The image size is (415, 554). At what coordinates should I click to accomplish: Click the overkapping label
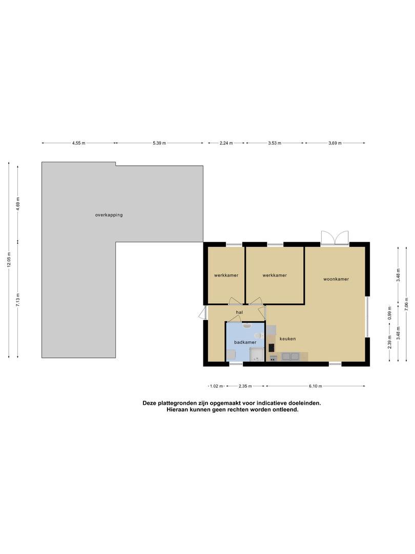click(109, 215)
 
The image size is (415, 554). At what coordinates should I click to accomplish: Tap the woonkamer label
click(336, 279)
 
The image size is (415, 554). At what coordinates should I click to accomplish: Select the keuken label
click(287, 339)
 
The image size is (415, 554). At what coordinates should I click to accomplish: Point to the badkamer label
click(245, 342)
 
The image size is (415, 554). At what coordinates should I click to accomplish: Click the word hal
click(239, 312)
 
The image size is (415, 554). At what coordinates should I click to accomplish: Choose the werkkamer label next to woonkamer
click(275, 275)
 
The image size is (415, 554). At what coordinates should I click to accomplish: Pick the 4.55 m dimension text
click(79, 143)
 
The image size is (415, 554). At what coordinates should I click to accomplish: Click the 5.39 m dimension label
click(159, 143)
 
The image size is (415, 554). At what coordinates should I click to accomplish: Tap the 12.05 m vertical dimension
click(9, 260)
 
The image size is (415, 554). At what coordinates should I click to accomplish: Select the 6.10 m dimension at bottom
click(316, 386)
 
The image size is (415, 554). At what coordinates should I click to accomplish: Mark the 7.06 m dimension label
click(406, 304)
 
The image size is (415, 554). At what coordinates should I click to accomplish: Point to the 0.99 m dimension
click(389, 313)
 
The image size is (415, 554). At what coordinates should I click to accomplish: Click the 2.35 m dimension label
click(245, 386)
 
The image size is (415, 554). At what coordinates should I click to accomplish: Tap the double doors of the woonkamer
click(335, 238)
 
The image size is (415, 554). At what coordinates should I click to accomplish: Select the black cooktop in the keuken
click(271, 347)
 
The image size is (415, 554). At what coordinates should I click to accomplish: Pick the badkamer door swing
click(234, 318)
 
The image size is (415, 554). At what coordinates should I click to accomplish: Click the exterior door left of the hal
click(202, 313)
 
